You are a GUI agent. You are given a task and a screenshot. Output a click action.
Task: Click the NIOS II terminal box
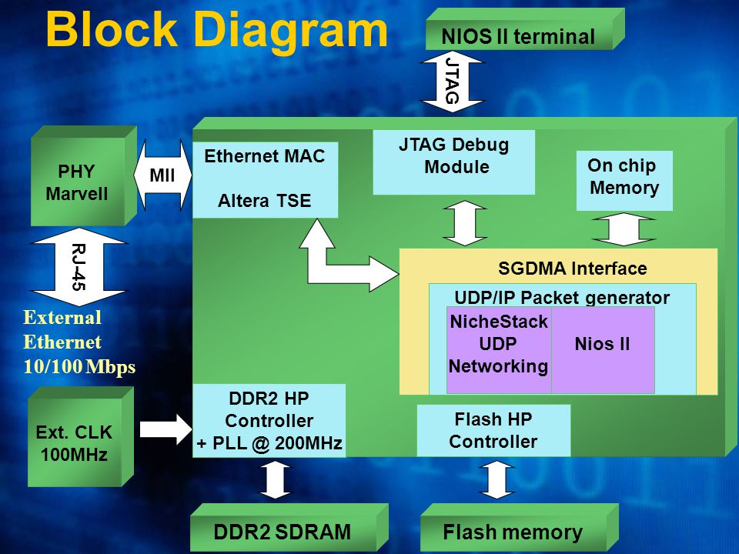[525, 29]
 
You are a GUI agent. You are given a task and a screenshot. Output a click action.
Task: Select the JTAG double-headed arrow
[452, 82]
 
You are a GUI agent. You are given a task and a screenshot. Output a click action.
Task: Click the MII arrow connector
[162, 175]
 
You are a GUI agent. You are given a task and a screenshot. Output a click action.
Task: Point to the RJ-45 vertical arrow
[79, 267]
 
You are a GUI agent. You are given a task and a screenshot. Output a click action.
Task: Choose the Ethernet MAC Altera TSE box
[266, 179]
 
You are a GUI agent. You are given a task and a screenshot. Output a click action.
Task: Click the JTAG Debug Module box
[454, 162]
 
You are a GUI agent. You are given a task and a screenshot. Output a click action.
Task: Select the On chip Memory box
[624, 180]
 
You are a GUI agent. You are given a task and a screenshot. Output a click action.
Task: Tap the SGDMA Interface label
[572, 269]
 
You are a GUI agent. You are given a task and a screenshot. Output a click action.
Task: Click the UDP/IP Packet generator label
[562, 298]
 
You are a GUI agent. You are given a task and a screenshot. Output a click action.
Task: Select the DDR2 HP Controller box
[269, 420]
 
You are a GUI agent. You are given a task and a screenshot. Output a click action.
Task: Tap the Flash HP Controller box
[493, 430]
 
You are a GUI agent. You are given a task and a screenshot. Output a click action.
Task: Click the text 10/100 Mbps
[79, 366]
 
